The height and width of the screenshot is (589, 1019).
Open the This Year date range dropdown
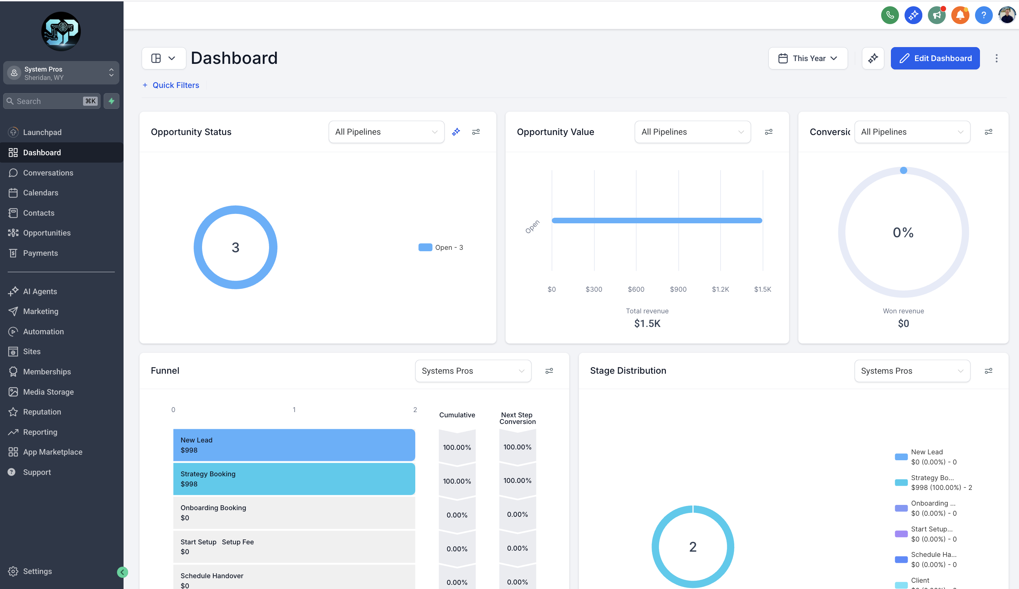(808, 58)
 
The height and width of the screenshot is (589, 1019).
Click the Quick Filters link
(175, 85)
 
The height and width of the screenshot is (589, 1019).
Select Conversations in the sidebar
(48, 173)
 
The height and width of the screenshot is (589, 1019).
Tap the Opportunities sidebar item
(46, 233)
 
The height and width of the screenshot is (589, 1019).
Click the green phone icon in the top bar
(890, 15)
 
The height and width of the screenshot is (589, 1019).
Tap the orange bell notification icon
(960, 15)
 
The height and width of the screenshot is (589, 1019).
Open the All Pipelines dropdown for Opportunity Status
(386, 132)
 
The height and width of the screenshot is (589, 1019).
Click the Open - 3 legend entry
(441, 247)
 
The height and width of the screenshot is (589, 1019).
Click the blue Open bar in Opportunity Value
(657, 220)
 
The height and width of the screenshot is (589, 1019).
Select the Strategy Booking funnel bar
(294, 479)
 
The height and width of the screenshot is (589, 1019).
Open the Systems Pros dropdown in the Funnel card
(473, 371)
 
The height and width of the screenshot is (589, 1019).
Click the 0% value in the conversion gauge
(903, 232)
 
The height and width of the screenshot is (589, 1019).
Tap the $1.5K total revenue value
(647, 323)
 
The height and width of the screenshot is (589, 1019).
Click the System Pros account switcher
(61, 73)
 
